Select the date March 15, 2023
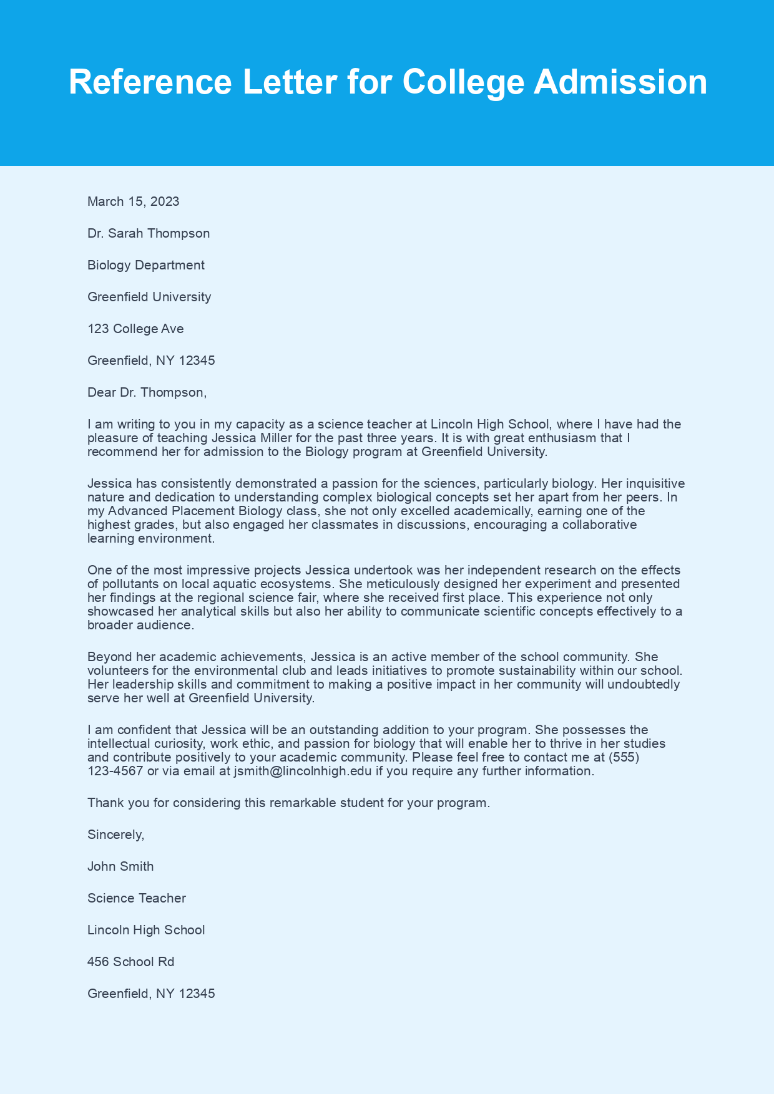134,201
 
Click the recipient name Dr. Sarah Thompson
149,233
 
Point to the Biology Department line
146,265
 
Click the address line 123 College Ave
135,329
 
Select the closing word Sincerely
115,835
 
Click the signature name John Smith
120,866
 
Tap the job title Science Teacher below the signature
137,898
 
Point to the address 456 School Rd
131,962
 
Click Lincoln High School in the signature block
146,930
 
